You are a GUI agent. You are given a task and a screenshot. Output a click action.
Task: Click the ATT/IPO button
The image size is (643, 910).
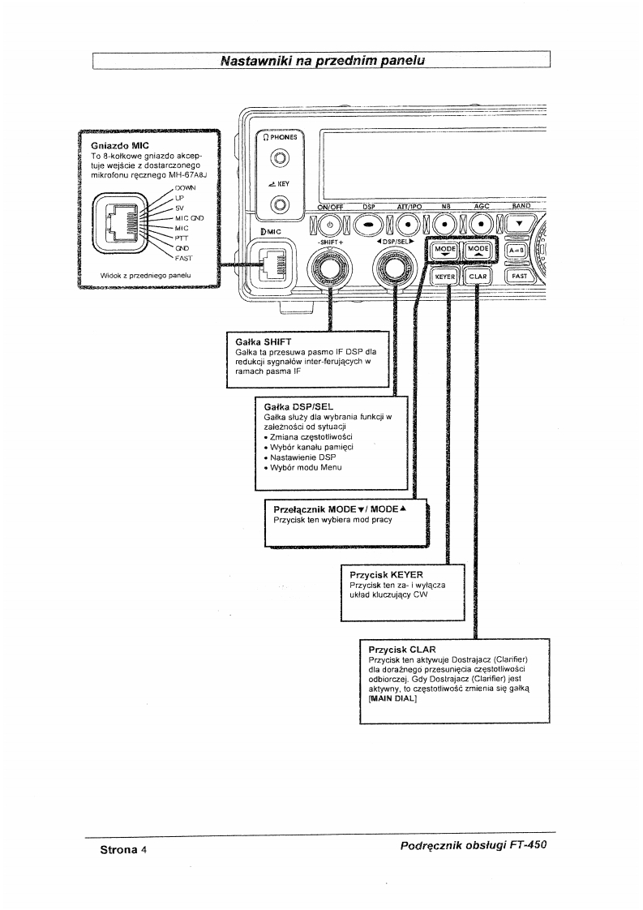tap(409, 225)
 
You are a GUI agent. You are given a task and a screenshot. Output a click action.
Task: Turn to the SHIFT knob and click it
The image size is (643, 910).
tap(329, 268)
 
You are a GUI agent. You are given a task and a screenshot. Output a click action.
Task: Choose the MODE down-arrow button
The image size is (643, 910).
tap(445, 251)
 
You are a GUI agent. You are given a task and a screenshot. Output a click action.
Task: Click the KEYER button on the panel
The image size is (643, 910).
tap(446, 277)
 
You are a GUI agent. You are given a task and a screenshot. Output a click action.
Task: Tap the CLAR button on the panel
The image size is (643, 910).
tap(478, 277)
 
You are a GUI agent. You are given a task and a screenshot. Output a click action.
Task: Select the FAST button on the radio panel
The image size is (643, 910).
tap(520, 277)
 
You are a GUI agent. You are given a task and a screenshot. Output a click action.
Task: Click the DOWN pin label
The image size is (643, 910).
tap(186, 188)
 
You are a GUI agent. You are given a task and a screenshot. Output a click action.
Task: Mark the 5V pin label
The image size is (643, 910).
tap(182, 208)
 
